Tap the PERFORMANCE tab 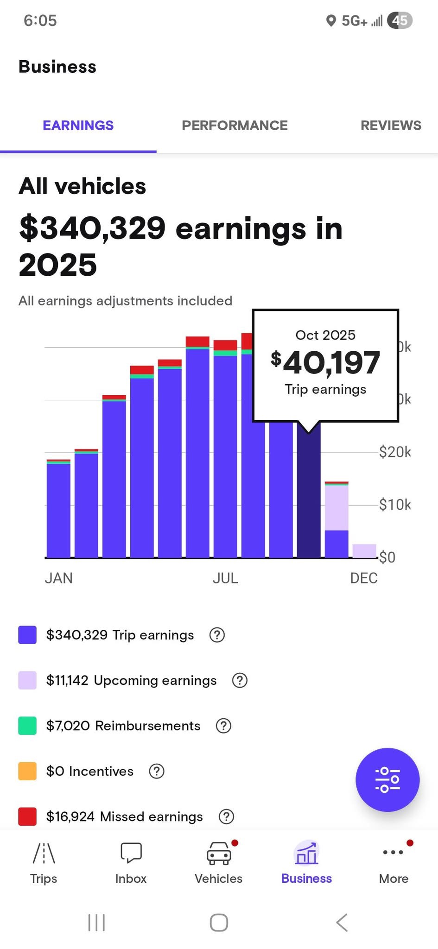pos(235,125)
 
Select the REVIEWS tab pos(391,125)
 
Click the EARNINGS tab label pos(78,125)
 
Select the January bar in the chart pos(58,508)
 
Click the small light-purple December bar pos(364,551)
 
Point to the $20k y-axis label pos(394,452)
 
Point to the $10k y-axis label pos(394,504)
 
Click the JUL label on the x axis pos(225,578)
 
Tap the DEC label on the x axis pos(364,578)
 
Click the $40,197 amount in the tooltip pos(325,362)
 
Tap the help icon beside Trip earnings pos(217,635)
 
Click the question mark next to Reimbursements pos(223,726)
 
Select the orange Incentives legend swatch pos(27,771)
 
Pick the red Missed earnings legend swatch pos(27,816)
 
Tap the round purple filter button pos(387,780)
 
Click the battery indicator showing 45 pos(400,20)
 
